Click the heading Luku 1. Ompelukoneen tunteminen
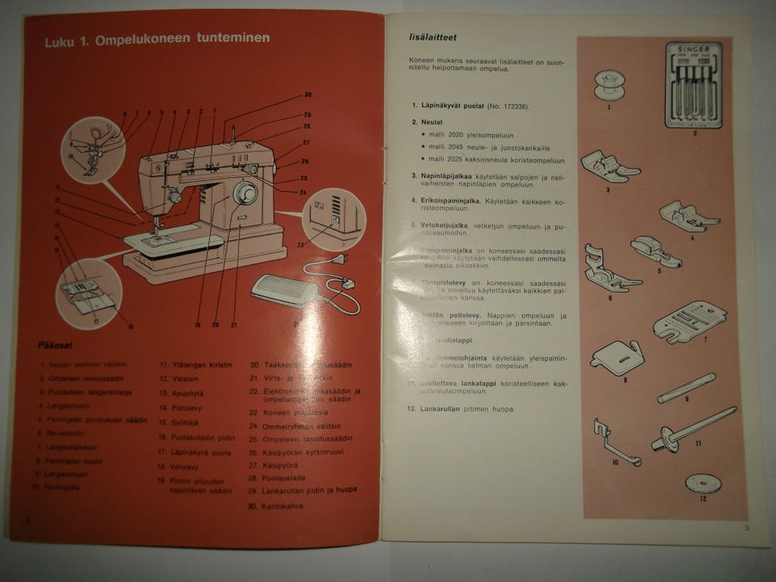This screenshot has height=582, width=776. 157,39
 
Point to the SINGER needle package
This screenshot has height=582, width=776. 695,86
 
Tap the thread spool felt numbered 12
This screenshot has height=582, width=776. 702,483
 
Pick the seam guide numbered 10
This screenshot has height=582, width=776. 613,443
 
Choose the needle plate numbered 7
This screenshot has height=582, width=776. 690,320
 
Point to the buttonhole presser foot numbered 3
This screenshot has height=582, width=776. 608,165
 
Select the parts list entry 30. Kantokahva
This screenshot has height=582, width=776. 277,506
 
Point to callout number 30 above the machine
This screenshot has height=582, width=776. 307,96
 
